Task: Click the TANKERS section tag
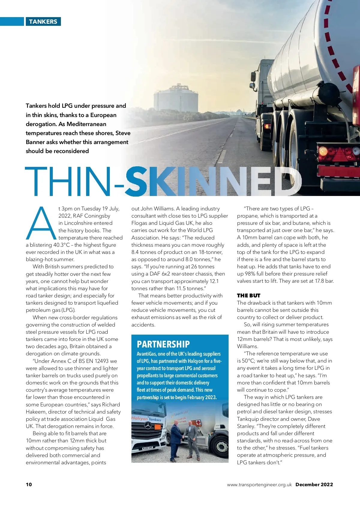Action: click(43, 22)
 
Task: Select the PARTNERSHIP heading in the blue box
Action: click(163, 344)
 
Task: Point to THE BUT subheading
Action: click(248, 296)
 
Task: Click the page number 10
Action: click(29, 484)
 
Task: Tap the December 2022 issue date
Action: click(314, 484)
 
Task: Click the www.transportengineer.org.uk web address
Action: click(259, 485)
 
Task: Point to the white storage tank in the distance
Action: click(176, 99)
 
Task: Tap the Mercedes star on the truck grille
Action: click(148, 425)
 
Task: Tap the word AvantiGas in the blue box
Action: click(146, 354)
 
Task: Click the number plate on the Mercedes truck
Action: click(147, 448)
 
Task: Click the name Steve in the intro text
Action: click(123, 133)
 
